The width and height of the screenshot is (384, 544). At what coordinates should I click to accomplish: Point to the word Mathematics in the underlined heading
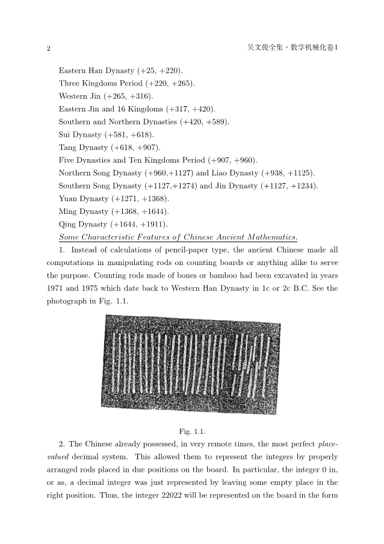point(271,236)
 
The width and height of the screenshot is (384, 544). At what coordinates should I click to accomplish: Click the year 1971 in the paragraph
point(56,288)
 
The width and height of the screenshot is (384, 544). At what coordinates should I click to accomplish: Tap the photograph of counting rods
point(191,364)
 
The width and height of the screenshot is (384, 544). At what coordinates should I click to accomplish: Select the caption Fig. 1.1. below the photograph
point(192,431)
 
